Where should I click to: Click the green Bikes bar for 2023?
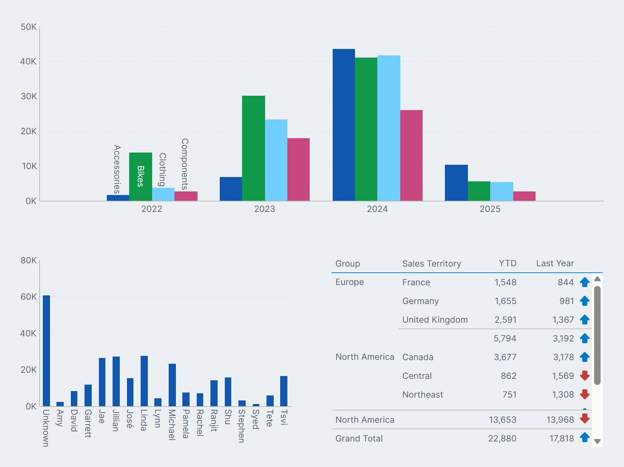point(253,148)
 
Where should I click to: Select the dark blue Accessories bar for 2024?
point(343,125)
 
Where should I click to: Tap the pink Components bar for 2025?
point(524,196)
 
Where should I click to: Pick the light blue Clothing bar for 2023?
point(276,160)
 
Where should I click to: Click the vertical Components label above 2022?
point(185,164)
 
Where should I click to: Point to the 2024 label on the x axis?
point(377,209)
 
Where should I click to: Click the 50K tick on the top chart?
point(28,27)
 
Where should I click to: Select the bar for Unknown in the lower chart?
point(46,351)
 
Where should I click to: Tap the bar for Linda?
point(144,381)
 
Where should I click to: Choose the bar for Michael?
point(172,385)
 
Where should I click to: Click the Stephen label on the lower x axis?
point(242,426)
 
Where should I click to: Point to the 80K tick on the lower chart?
point(28,260)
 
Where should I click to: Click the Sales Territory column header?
point(431,264)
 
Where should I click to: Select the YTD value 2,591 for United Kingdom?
point(505,320)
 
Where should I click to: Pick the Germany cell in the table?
point(420,301)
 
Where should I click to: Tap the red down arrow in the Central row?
point(584,376)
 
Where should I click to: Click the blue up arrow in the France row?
point(584,282)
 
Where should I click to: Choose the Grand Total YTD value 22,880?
point(502,439)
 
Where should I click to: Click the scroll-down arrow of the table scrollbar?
point(597,441)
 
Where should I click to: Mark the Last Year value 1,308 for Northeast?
point(563,395)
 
